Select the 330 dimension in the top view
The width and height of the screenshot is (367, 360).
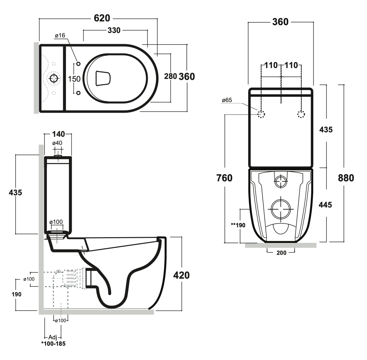click(114, 30)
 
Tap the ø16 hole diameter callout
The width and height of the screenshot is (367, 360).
click(60, 36)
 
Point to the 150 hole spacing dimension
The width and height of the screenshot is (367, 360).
click(74, 79)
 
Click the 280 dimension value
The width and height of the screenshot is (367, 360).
click(170, 77)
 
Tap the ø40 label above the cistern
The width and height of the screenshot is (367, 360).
click(57, 143)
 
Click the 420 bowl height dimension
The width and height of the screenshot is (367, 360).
click(181, 275)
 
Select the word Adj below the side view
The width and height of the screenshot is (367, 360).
click(53, 337)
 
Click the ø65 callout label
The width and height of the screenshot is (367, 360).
click(227, 100)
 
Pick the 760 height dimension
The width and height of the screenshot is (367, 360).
click(224, 178)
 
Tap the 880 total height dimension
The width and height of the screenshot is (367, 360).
click(346, 178)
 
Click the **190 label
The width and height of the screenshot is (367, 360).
click(238, 225)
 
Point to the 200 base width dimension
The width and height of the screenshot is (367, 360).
click(281, 252)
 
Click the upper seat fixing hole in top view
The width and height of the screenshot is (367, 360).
click(78, 64)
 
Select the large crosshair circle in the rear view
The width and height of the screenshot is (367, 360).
click(281, 209)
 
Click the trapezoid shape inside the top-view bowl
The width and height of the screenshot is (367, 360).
click(103, 78)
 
